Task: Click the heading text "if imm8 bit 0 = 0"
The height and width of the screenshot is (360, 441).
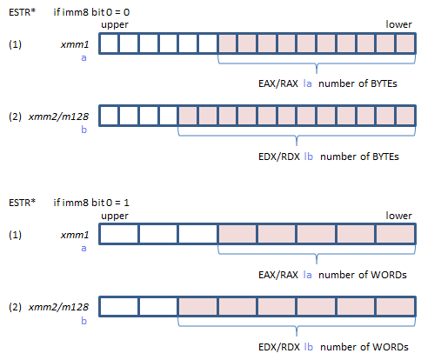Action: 91,12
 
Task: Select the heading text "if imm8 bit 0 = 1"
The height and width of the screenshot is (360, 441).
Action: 91,203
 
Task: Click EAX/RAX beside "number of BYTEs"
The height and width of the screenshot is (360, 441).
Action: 278,83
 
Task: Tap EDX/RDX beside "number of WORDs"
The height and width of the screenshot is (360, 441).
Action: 279,347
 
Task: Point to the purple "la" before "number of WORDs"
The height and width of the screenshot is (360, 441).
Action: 308,275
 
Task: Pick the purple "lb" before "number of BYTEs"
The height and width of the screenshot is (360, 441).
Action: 309,157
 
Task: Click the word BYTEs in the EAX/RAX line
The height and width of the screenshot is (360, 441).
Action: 384,83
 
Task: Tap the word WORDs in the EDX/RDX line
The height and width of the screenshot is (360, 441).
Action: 391,347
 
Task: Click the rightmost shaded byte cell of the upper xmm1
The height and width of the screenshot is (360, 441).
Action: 405,43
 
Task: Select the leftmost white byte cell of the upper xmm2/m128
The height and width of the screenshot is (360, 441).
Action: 109,116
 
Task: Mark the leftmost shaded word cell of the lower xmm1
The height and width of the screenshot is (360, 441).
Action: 237,234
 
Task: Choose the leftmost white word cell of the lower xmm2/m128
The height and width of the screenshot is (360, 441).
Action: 119,306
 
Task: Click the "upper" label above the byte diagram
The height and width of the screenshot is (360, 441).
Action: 115,24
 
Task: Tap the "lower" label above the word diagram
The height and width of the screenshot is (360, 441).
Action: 398,216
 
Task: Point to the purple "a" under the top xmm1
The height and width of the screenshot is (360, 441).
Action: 84,58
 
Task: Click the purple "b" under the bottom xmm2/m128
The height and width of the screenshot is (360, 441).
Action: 84,321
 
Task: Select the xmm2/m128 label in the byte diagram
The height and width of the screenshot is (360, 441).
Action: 58,117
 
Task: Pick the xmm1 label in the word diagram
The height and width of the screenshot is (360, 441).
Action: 75,235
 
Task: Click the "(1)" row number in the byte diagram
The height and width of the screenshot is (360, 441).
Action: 15,44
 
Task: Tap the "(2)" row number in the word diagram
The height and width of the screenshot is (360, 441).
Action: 15,307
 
